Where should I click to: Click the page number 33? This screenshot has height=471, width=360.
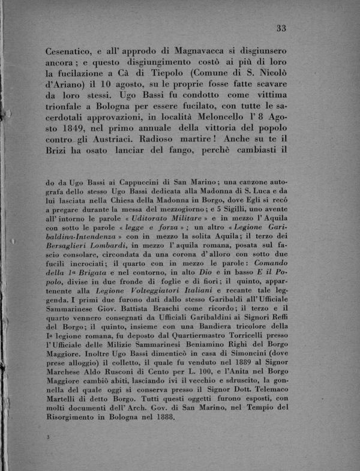(x=281, y=28)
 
